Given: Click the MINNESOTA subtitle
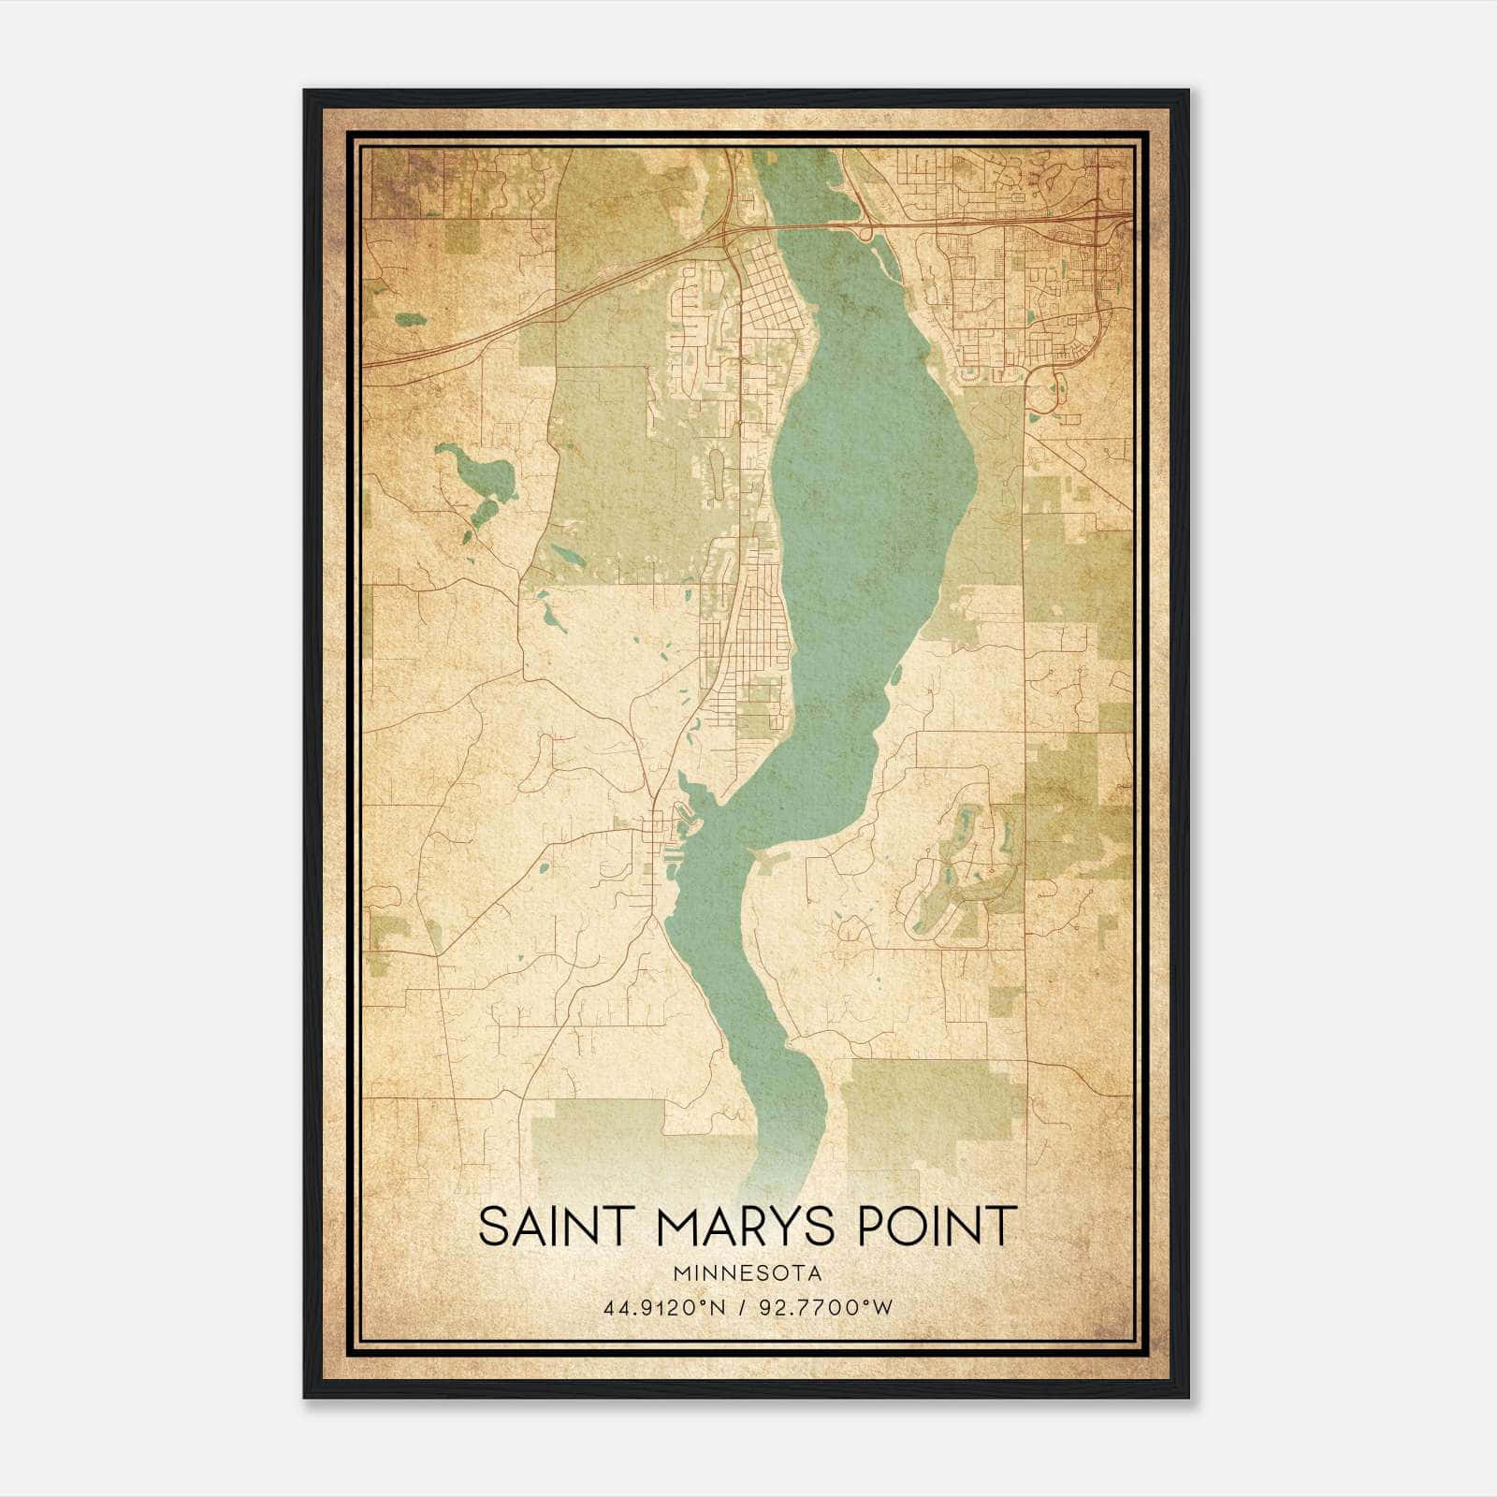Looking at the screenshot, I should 747,1273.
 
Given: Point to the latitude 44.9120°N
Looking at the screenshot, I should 664,1307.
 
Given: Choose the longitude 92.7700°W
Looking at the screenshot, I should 829,1307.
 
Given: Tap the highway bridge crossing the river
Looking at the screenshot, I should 814,225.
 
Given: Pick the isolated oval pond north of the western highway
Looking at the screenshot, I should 409,319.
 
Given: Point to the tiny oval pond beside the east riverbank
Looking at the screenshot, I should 896,674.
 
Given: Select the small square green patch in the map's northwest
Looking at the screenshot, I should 461,237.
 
